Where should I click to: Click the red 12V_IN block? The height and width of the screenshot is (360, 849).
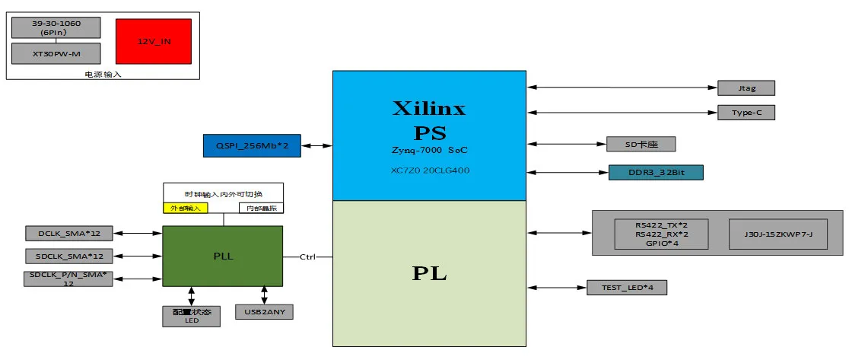coord(154,41)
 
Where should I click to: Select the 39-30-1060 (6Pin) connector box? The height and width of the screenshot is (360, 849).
coord(56,27)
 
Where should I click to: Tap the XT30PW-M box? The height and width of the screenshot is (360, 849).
coord(56,53)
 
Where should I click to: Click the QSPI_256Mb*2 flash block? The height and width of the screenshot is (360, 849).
coord(252,145)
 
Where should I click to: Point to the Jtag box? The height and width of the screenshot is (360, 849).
coord(746,88)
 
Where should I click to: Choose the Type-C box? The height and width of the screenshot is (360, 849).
coord(746,113)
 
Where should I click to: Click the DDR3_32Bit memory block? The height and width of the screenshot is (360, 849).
coord(656,172)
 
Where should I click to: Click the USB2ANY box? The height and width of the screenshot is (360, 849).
coord(264,311)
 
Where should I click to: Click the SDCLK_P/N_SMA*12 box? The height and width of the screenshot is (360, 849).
coord(68,279)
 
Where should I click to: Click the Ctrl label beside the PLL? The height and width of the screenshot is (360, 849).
coord(307,256)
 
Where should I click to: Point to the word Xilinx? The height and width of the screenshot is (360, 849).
coord(429,108)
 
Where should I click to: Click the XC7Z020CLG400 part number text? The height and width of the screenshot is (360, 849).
coord(429,170)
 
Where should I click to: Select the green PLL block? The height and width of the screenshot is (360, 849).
coord(223,256)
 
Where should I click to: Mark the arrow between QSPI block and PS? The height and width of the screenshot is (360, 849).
coord(316,145)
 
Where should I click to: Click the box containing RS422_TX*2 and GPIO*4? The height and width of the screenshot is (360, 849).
coord(661,233)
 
